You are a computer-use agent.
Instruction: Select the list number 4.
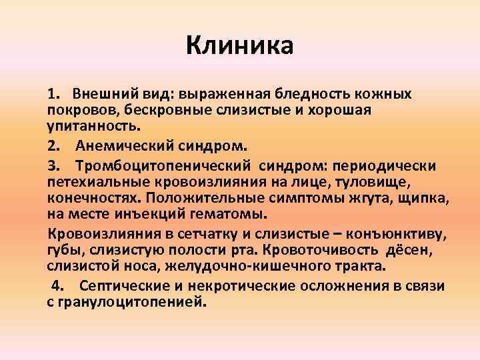[57, 286]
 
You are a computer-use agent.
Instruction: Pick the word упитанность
[84, 125]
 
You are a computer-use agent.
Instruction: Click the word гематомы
[227, 214]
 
